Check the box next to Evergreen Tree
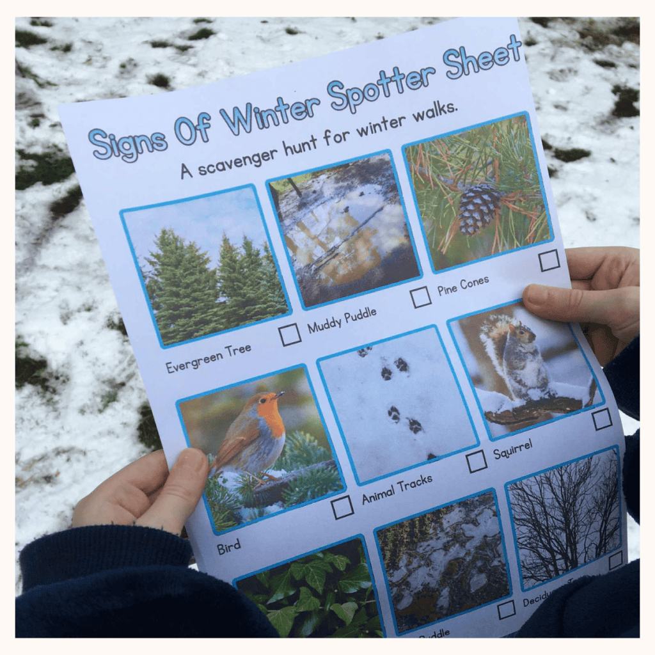tap(290, 335)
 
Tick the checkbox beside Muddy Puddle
tap(420, 297)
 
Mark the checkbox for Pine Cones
tap(549, 260)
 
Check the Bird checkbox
tap(343, 507)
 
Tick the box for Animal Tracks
tap(476, 461)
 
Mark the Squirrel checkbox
tap(602, 419)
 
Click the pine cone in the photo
tap(478, 208)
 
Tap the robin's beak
tap(281, 395)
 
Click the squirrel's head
tap(523, 332)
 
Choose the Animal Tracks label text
tap(397, 489)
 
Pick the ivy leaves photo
tap(307, 588)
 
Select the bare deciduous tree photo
tap(563, 512)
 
